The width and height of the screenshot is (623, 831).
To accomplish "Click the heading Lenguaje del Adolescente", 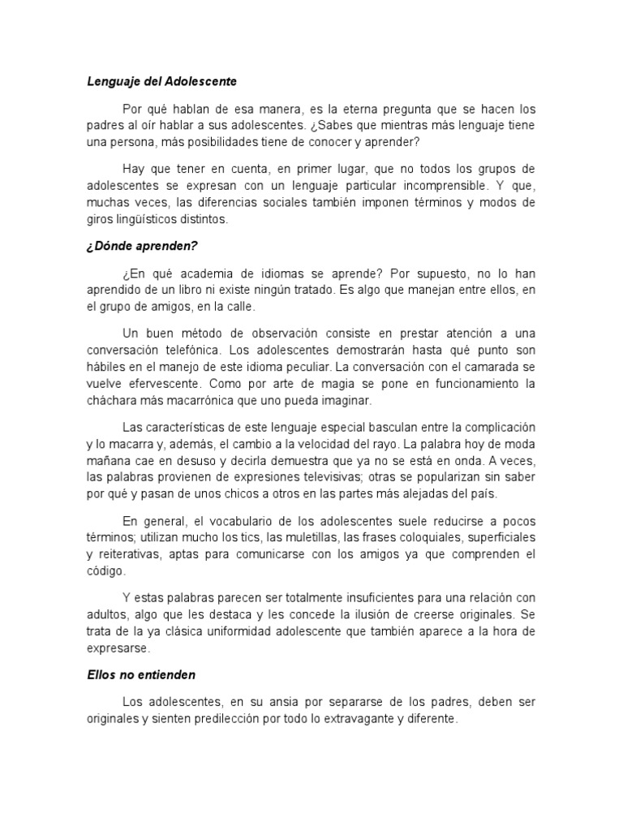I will click(162, 81).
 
